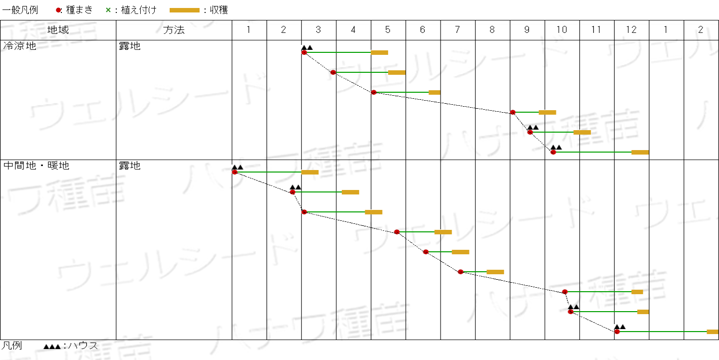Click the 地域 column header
coord(58,30)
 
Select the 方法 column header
coord(174,30)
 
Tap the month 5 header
coord(388,30)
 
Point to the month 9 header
coord(527,30)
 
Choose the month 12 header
coord(631,30)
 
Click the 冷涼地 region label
coord(19,46)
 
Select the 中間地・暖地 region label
coord(36,166)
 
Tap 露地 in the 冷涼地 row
coord(130,46)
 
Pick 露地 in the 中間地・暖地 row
coord(130,166)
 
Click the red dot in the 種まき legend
coord(58,10)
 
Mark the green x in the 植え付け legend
coord(108,10)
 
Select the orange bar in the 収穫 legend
coord(185,10)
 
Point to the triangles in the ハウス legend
coord(52,347)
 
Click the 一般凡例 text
coord(20,10)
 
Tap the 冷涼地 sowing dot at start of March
coord(304,52)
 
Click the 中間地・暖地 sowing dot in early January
coord(235,173)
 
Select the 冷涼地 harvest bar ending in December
coord(640,152)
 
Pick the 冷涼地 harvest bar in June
coord(434,92)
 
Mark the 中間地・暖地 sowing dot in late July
coord(461,272)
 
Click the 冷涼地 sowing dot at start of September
coord(512,112)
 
